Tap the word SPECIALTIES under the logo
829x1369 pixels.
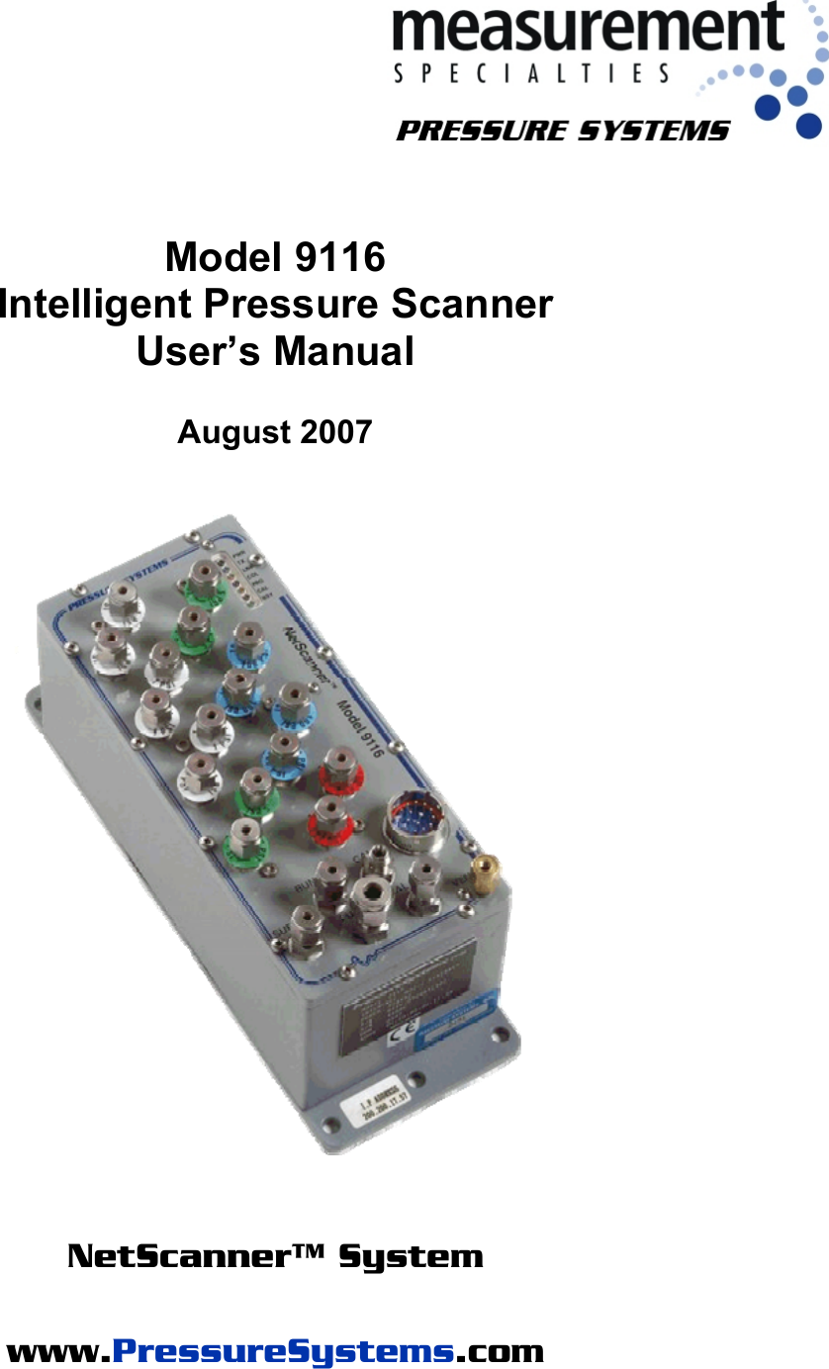click(531, 73)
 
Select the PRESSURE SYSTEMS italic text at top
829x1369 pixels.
click(563, 131)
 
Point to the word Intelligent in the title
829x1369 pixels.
click(96, 304)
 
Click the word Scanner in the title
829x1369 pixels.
click(471, 304)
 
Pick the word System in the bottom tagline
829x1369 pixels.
click(411, 1257)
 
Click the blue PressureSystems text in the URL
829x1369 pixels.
click(285, 1351)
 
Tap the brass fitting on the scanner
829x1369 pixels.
click(484, 874)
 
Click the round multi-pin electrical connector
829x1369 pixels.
click(414, 819)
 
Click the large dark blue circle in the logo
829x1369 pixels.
click(808, 126)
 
